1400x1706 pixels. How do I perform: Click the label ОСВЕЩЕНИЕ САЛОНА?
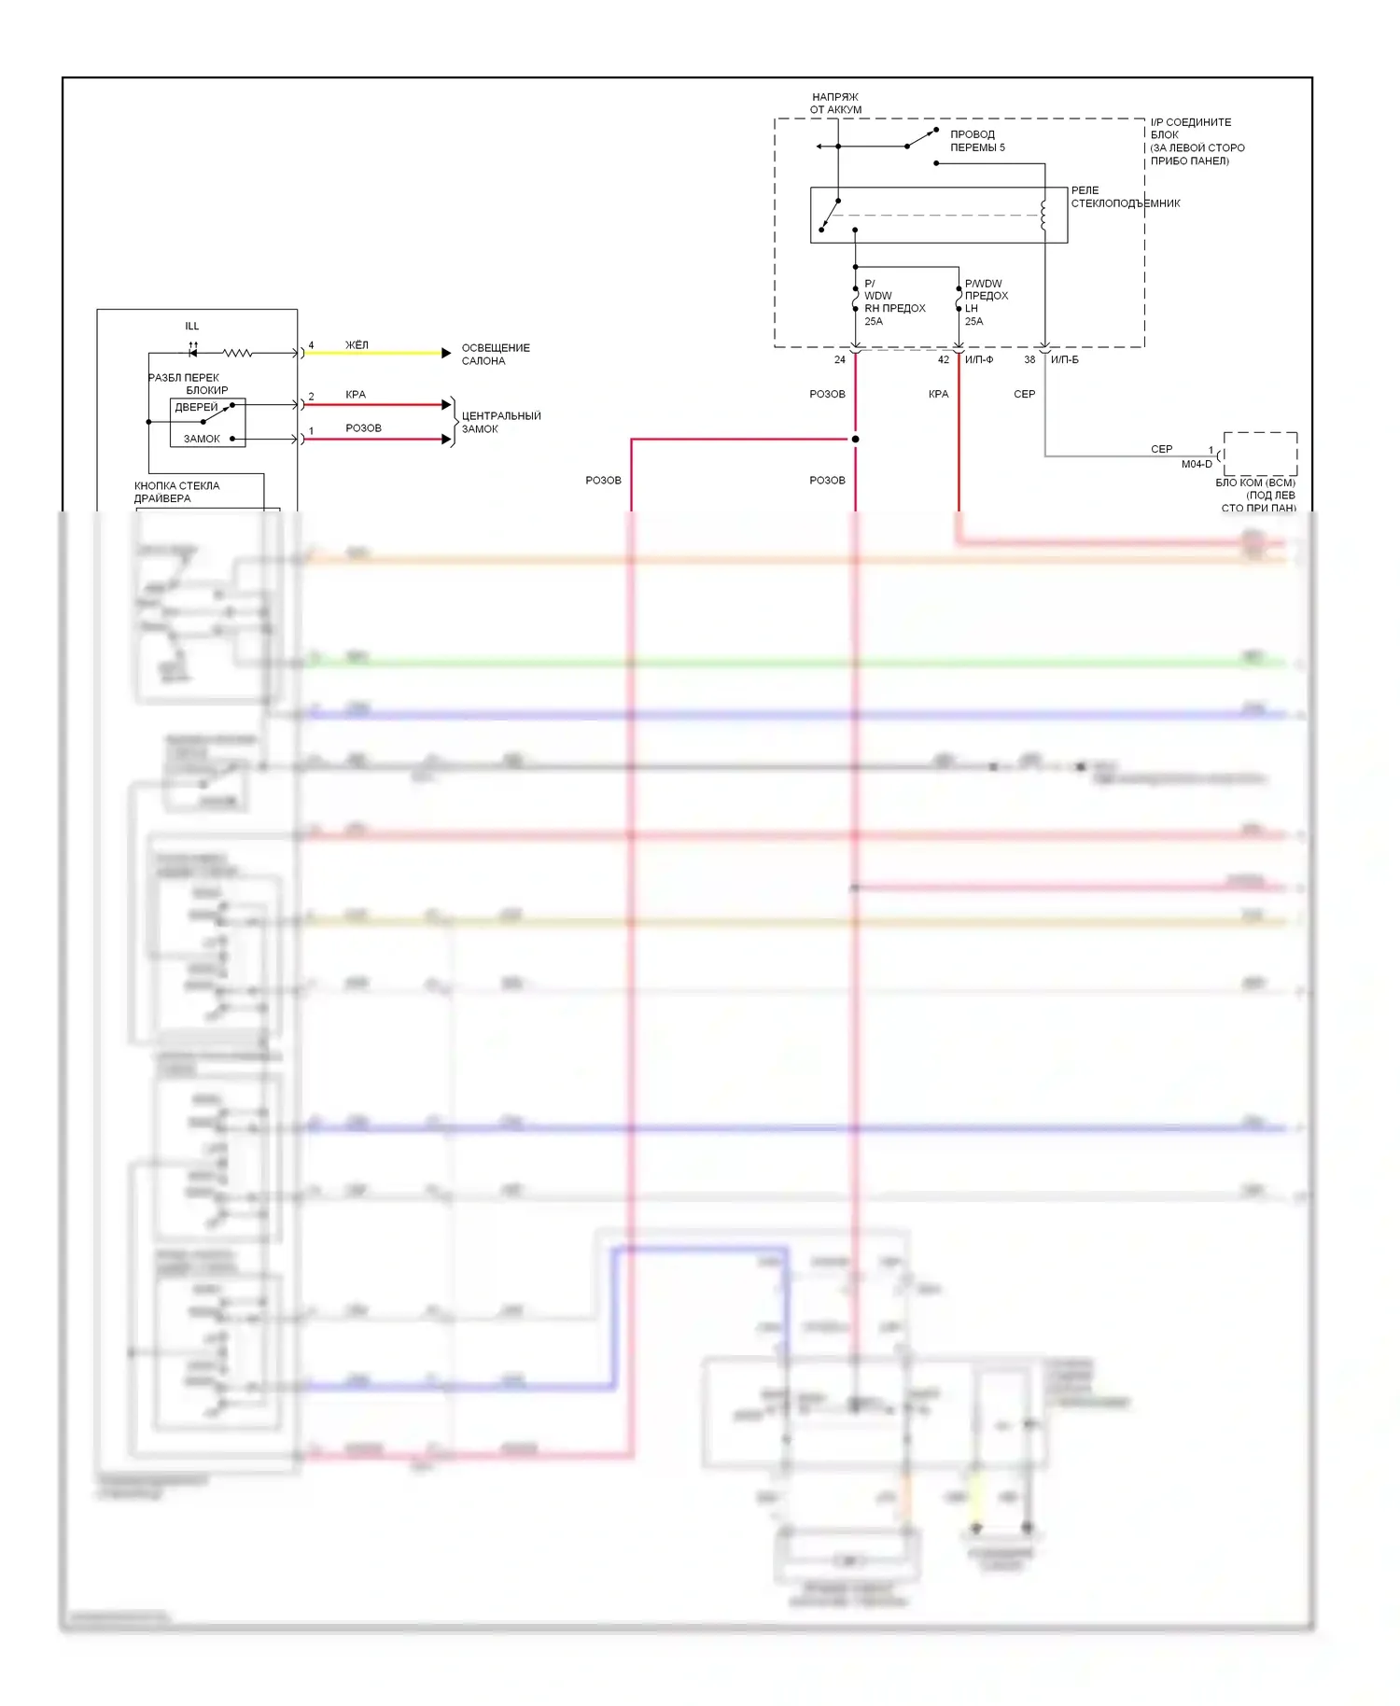(x=495, y=355)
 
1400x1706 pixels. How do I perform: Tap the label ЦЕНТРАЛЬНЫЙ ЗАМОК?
(x=500, y=423)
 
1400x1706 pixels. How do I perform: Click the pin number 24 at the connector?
(x=840, y=360)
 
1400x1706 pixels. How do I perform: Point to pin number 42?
(x=943, y=360)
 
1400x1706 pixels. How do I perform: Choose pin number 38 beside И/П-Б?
(x=1029, y=360)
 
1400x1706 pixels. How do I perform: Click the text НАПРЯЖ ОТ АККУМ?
(x=835, y=104)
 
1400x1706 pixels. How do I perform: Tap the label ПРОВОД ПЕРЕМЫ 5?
(x=977, y=141)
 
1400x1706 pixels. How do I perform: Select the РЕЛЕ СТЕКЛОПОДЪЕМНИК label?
(x=1125, y=197)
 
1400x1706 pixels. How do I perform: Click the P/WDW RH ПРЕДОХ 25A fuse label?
(x=893, y=302)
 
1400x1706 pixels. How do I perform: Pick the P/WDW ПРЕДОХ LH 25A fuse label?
(x=986, y=302)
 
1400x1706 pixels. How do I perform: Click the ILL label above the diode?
(x=192, y=327)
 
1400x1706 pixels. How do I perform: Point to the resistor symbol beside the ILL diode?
(x=237, y=354)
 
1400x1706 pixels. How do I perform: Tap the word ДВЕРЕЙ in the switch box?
(x=196, y=408)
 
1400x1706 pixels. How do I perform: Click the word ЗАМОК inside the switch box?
(x=202, y=439)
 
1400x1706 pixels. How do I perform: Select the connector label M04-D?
(x=1197, y=465)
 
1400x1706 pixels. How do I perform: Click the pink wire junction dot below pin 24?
(x=855, y=440)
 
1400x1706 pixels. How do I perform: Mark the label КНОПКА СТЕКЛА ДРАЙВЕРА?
(x=176, y=492)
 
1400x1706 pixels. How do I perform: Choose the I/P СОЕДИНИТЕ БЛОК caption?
(x=1197, y=142)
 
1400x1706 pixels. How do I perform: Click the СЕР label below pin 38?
(x=1024, y=395)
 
